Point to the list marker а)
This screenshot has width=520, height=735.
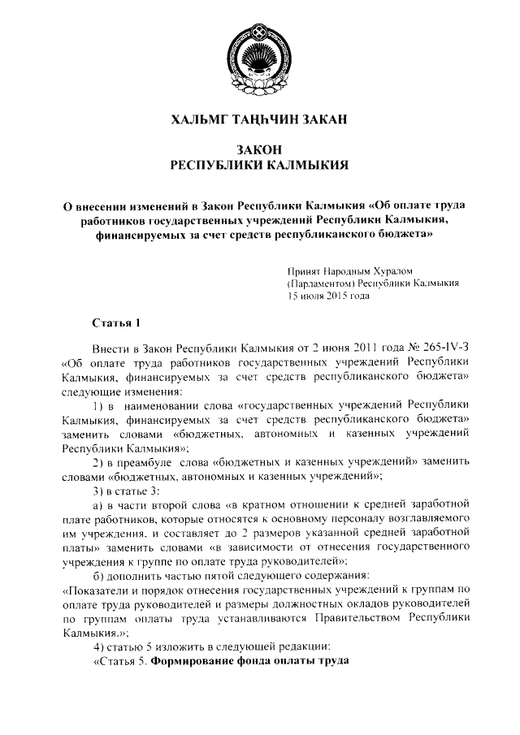tap(99, 505)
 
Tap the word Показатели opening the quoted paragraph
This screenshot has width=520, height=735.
tap(96, 590)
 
